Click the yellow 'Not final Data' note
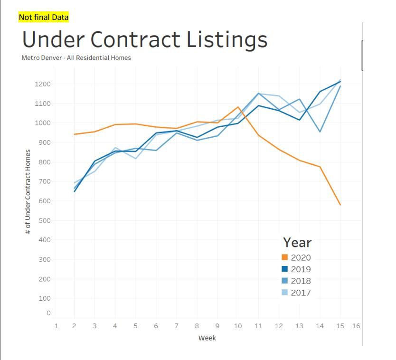pyautogui.click(x=44, y=18)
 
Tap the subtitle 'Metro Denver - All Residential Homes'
pyautogui.click(x=76, y=58)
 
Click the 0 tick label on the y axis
pyautogui.click(x=48, y=313)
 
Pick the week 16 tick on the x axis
pyautogui.click(x=356, y=326)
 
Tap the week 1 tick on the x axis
pyautogui.click(x=56, y=326)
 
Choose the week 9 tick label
pyautogui.click(x=217, y=326)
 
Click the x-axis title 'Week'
pyautogui.click(x=207, y=338)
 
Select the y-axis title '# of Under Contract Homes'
pyautogui.click(x=28, y=192)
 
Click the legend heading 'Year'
pyautogui.click(x=297, y=242)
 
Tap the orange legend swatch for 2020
pyautogui.click(x=285, y=257)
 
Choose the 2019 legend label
pyautogui.click(x=301, y=269)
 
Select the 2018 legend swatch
pyautogui.click(x=285, y=281)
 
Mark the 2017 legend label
pyautogui.click(x=301, y=293)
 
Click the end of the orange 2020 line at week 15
pyautogui.click(x=340, y=205)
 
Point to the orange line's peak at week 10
pyautogui.click(x=238, y=107)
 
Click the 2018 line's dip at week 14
pyautogui.click(x=320, y=132)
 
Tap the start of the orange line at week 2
pyautogui.click(x=75, y=134)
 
